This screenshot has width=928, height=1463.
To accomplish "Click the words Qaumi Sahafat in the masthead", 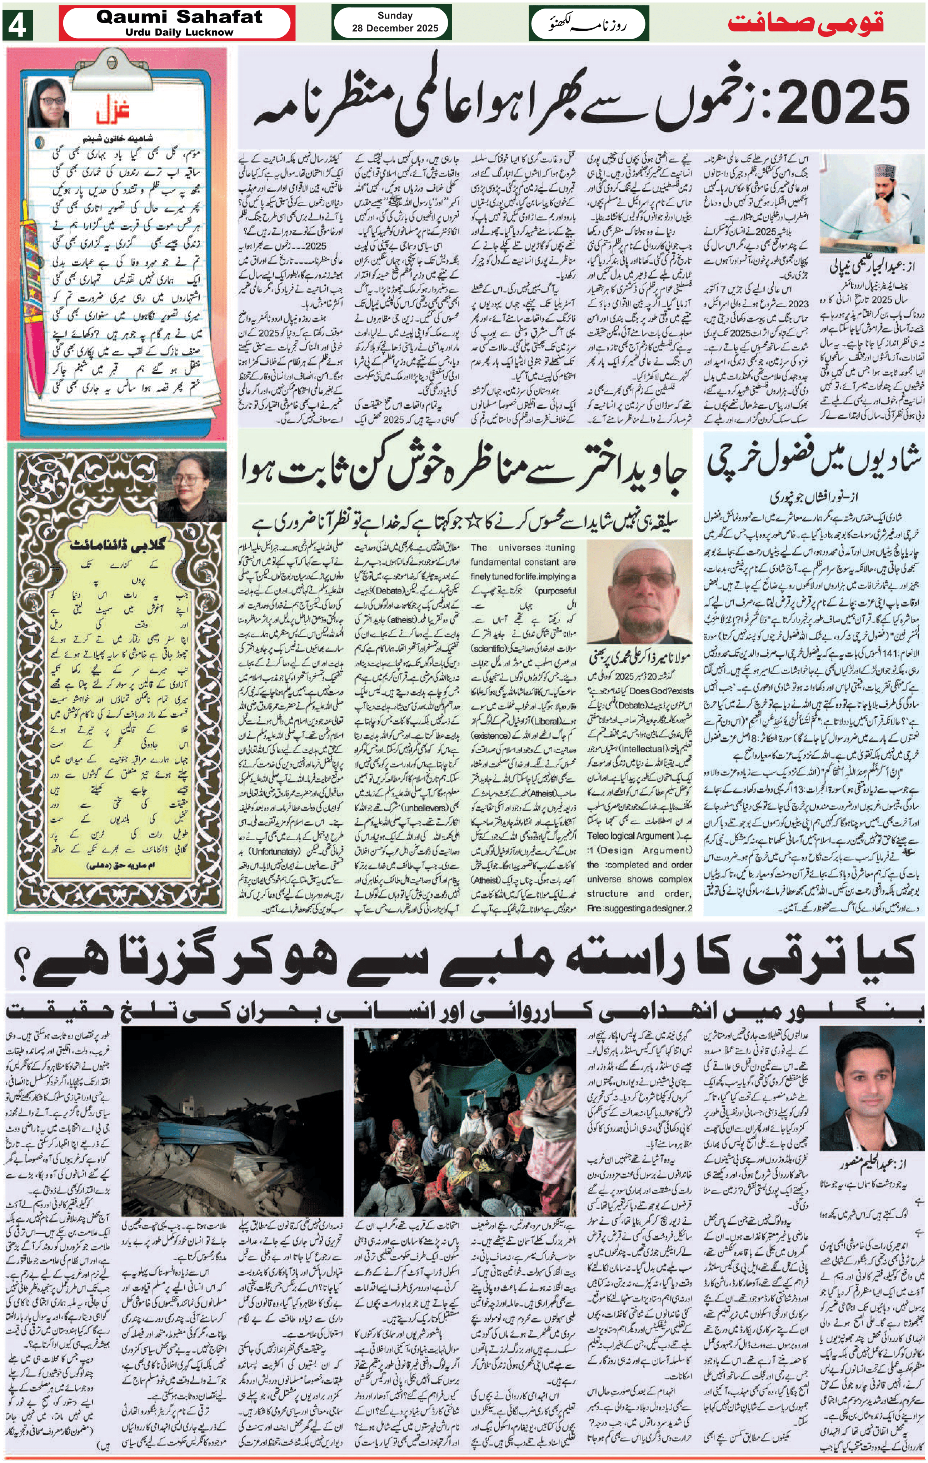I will tap(179, 17).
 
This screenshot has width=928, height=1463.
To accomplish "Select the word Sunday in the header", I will tap(395, 16).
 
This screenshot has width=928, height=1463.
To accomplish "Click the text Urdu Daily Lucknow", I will tap(179, 32).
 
